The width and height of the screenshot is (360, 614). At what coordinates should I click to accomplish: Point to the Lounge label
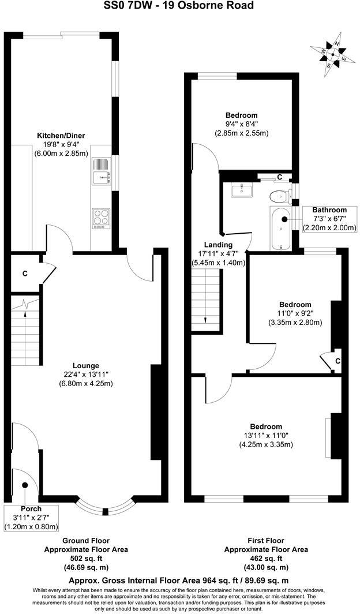tap(85, 365)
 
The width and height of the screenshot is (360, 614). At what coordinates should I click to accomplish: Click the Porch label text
tap(31, 508)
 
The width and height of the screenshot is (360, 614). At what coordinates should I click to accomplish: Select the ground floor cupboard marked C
tap(25, 274)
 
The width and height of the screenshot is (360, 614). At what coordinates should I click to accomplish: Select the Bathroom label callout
tap(329, 219)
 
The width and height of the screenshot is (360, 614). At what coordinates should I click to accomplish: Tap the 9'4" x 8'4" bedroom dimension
tap(241, 124)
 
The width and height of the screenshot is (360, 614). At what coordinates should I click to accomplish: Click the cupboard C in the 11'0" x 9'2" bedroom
tap(337, 361)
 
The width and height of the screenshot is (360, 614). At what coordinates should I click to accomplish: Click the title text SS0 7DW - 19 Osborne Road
tap(179, 6)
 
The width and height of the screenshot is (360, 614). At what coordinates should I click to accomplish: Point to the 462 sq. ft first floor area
tap(266, 559)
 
